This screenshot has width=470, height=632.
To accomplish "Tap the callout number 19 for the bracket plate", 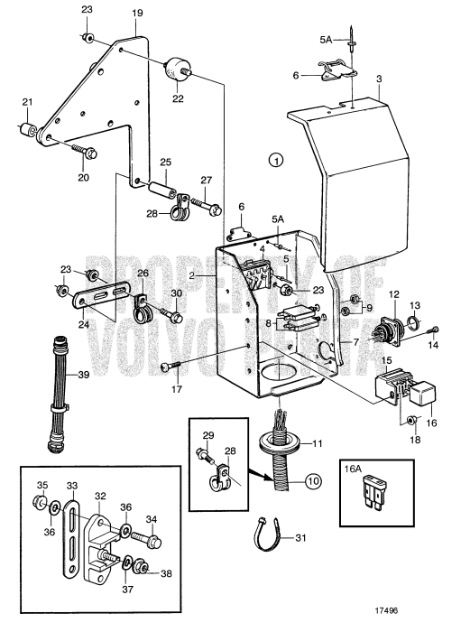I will click(x=137, y=14).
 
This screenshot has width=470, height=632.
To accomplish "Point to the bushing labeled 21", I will click(x=25, y=130).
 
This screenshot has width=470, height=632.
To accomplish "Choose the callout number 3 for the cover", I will click(x=381, y=79).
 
